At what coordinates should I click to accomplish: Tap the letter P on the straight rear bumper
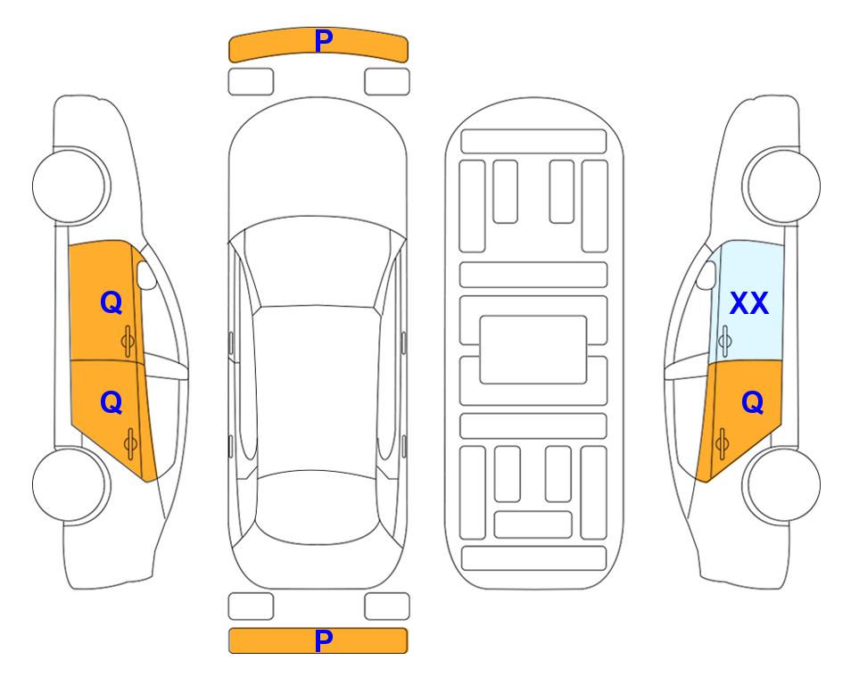(x=323, y=640)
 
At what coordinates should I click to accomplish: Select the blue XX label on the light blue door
(x=749, y=303)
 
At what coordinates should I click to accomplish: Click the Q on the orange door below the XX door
(x=752, y=403)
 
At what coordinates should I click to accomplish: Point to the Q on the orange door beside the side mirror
(x=111, y=302)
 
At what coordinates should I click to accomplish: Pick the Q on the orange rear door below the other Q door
(x=111, y=403)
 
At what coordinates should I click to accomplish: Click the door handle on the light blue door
(x=725, y=341)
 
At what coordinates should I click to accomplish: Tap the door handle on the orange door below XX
(x=722, y=443)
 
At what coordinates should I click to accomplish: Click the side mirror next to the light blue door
(x=706, y=275)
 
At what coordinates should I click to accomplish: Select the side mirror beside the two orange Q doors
(x=146, y=275)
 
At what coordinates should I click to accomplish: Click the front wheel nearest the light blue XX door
(x=781, y=186)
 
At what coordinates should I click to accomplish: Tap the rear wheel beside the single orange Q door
(x=781, y=484)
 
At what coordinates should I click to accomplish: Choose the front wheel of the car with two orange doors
(x=71, y=186)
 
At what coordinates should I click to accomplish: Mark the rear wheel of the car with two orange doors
(x=71, y=484)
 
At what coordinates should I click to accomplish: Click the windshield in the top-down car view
(x=318, y=263)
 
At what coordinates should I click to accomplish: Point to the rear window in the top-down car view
(x=318, y=507)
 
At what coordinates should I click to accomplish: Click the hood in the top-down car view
(x=318, y=164)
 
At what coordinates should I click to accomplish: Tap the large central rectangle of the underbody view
(x=533, y=350)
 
